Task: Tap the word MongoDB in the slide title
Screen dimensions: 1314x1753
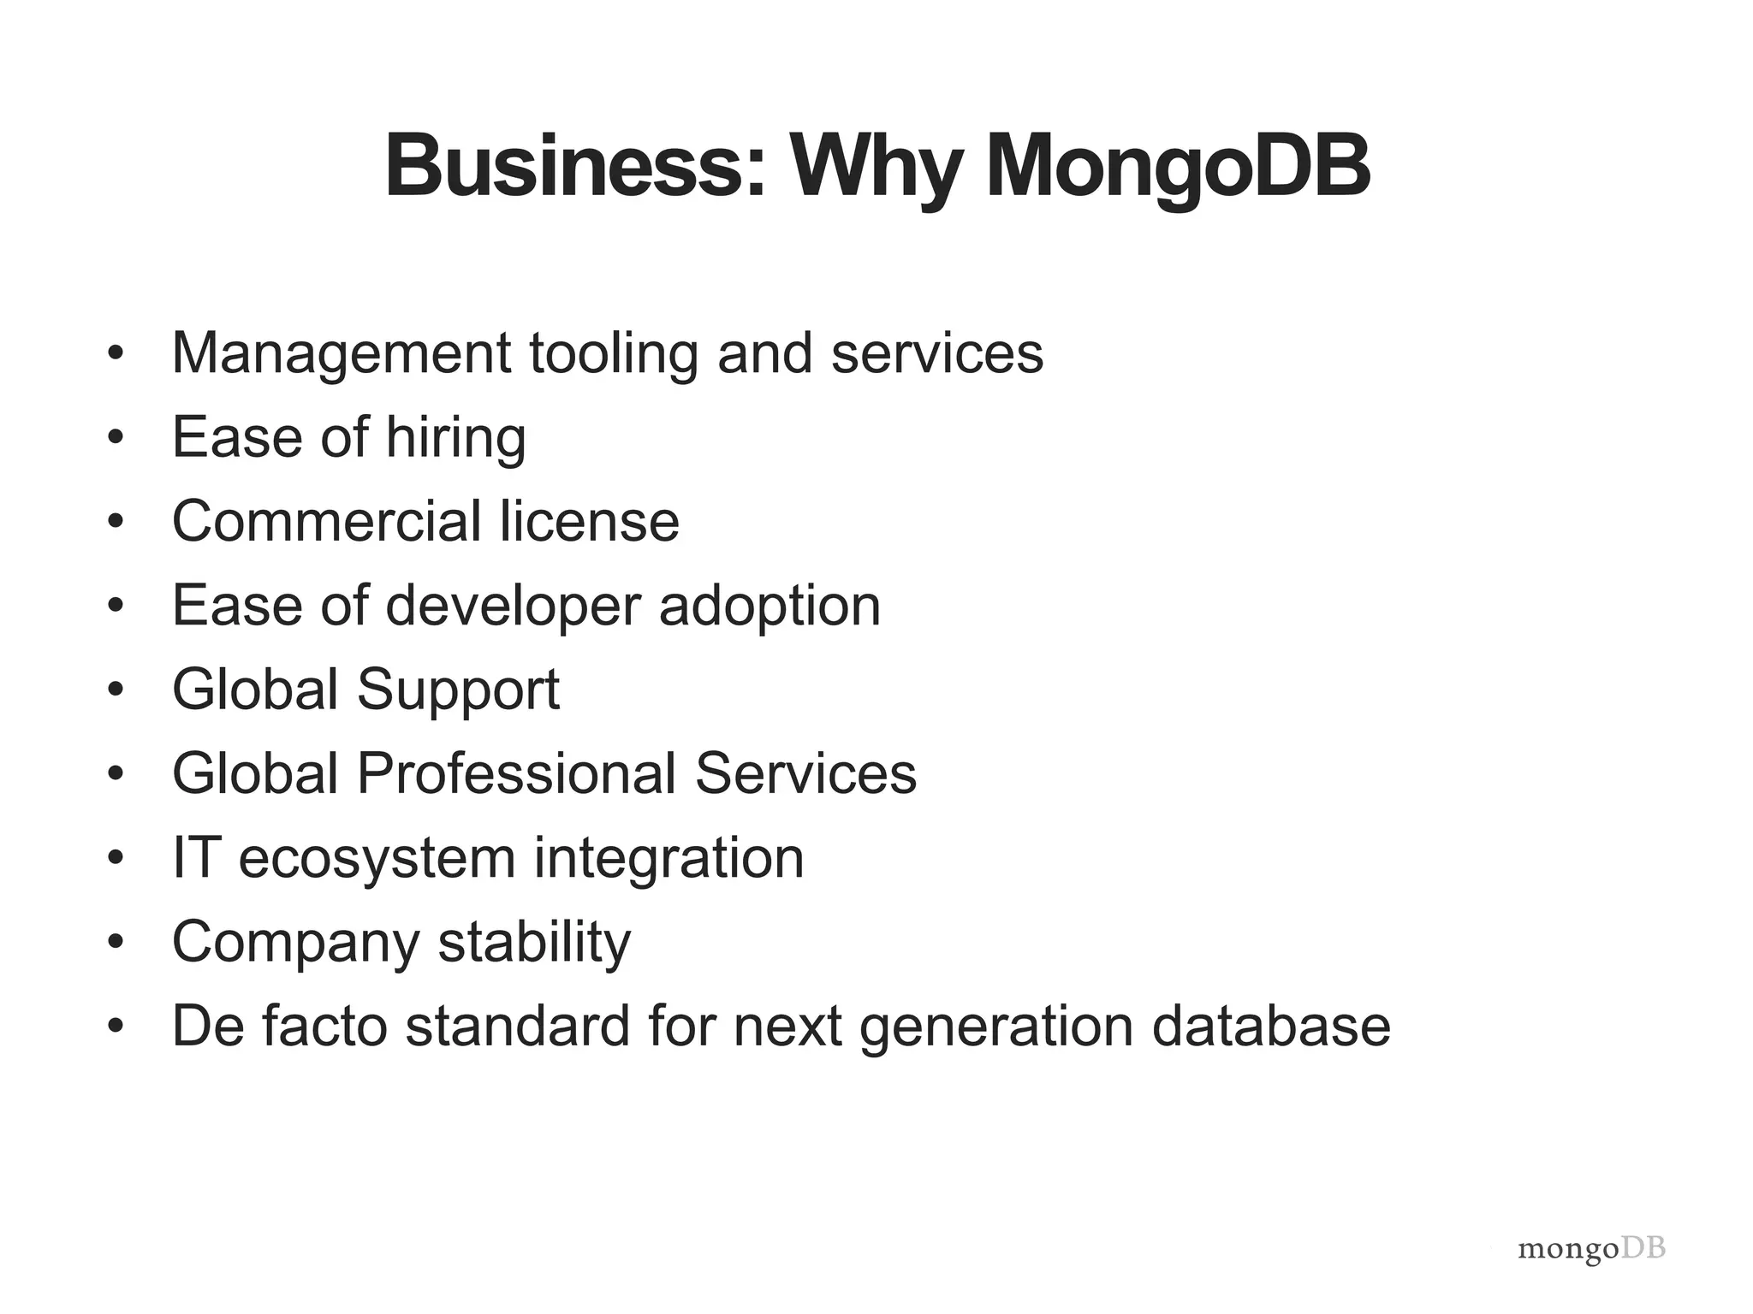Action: pyautogui.click(x=1178, y=166)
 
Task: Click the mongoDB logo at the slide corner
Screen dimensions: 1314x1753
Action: pyautogui.click(x=1591, y=1250)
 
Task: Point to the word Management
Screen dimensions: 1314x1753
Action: pyautogui.click(x=342, y=353)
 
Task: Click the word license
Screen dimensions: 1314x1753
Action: pyautogui.click(x=590, y=521)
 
